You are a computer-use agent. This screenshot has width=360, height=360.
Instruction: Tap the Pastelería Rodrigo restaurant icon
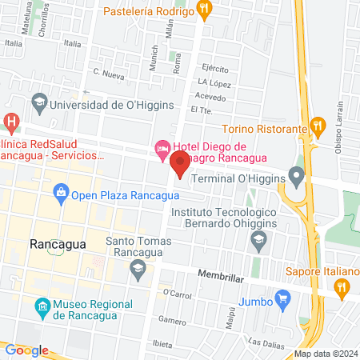pyautogui.click(x=206, y=10)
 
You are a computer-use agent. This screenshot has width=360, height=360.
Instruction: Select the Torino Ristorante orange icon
pyautogui.click(x=318, y=126)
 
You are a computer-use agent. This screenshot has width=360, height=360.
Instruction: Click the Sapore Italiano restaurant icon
pyautogui.click(x=342, y=286)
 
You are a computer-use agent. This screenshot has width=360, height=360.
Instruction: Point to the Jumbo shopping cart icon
pyautogui.click(x=282, y=301)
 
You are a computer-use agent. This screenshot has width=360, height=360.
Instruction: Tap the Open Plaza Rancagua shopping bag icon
pyautogui.click(x=60, y=191)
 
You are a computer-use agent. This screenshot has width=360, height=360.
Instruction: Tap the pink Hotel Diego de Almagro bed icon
pyautogui.click(x=161, y=147)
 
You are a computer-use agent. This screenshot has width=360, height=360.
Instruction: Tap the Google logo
pyautogui.click(x=26, y=350)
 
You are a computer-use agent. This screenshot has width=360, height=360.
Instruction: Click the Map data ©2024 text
pyautogui.click(x=326, y=354)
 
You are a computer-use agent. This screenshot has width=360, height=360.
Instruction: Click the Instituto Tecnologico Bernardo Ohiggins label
pyautogui.click(x=224, y=218)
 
